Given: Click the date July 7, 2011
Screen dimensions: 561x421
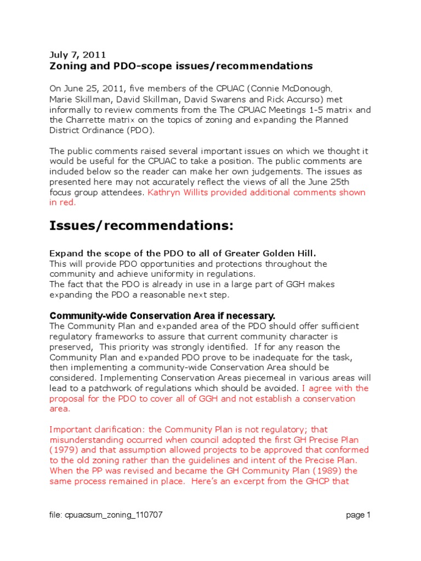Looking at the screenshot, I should [78, 54].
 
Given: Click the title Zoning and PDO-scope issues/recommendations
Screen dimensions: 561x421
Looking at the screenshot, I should [181, 66].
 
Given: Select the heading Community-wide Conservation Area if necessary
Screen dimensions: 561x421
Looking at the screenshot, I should [162, 316].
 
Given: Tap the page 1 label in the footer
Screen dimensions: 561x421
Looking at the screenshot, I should [359, 515].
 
